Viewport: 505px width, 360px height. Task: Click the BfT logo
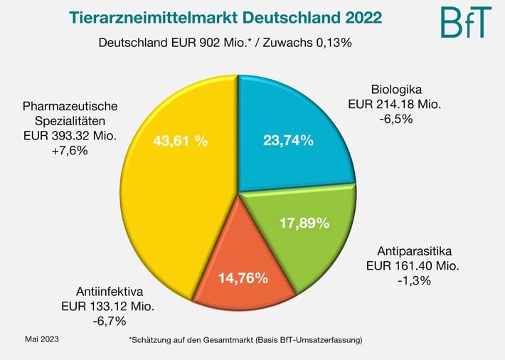pyautogui.click(x=467, y=22)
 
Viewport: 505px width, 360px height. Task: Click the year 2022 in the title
pyautogui.click(x=356, y=16)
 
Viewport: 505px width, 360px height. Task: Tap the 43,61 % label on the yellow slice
pyautogui.click(x=180, y=140)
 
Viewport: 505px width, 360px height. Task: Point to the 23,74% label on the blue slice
pyautogui.click(x=288, y=140)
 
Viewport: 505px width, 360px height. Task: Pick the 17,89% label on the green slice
pyautogui.click(x=304, y=223)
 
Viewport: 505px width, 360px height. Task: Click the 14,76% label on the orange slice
pyautogui.click(x=243, y=277)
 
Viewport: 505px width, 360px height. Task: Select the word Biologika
pyautogui.click(x=397, y=90)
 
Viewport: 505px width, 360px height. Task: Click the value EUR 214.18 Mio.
pyautogui.click(x=395, y=105)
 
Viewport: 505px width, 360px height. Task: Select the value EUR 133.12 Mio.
pyautogui.click(x=108, y=306)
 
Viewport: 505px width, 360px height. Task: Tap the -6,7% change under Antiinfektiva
pyautogui.click(x=108, y=321)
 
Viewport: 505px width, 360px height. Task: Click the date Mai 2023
pyautogui.click(x=42, y=339)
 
